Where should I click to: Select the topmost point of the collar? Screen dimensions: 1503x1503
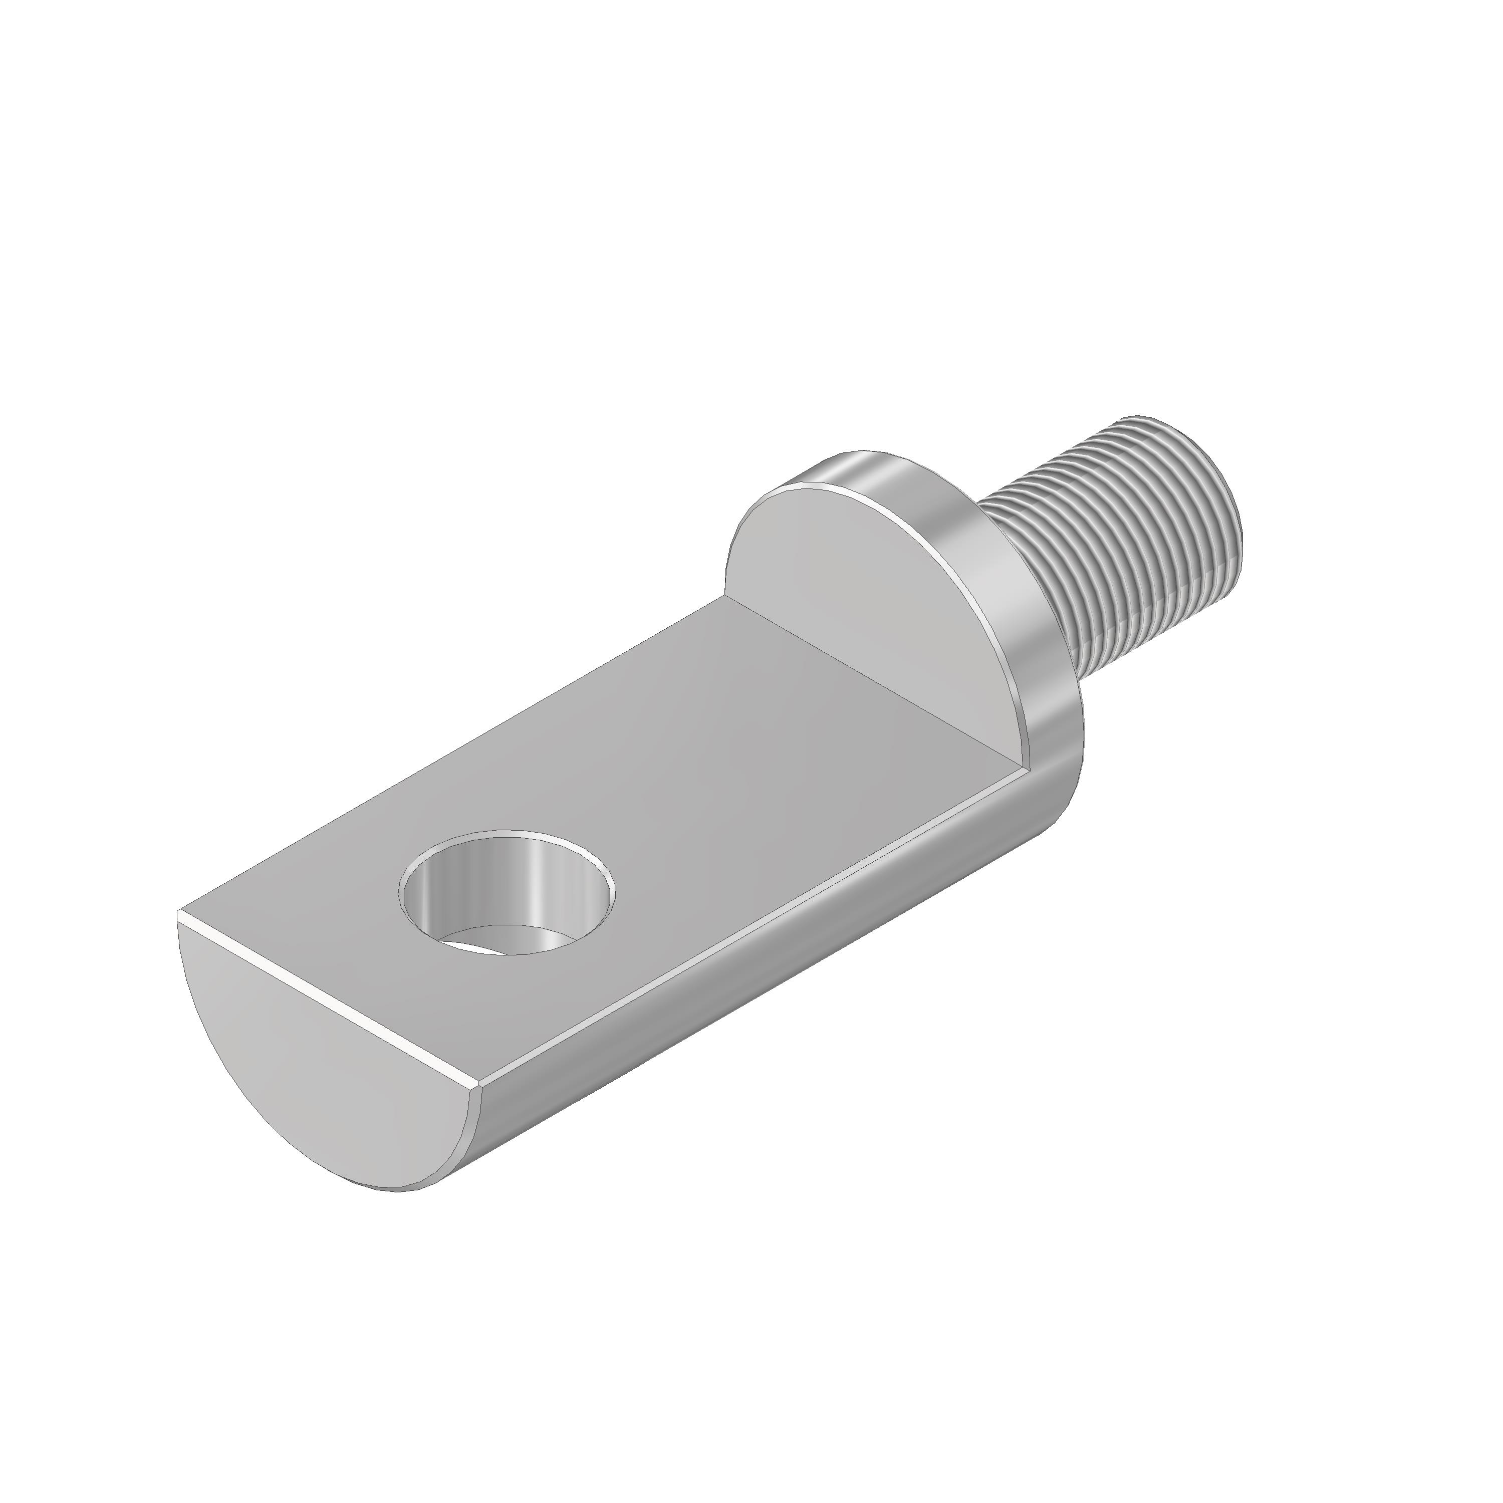(x=864, y=451)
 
